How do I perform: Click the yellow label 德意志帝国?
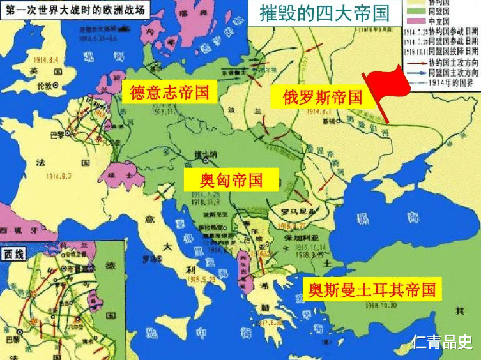pyautogui.click(x=169, y=92)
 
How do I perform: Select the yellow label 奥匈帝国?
pyautogui.click(x=223, y=179)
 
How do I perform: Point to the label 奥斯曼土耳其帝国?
pyautogui.click(x=371, y=290)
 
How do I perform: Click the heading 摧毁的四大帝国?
pyautogui.click(x=324, y=13)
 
